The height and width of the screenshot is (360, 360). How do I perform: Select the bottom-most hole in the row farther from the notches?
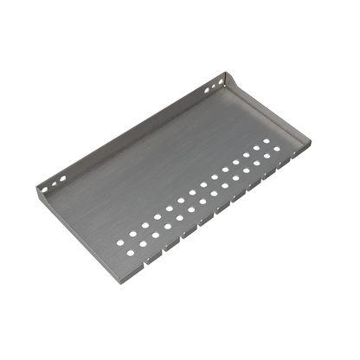(122, 234)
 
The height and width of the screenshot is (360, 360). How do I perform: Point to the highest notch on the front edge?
(289, 163)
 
